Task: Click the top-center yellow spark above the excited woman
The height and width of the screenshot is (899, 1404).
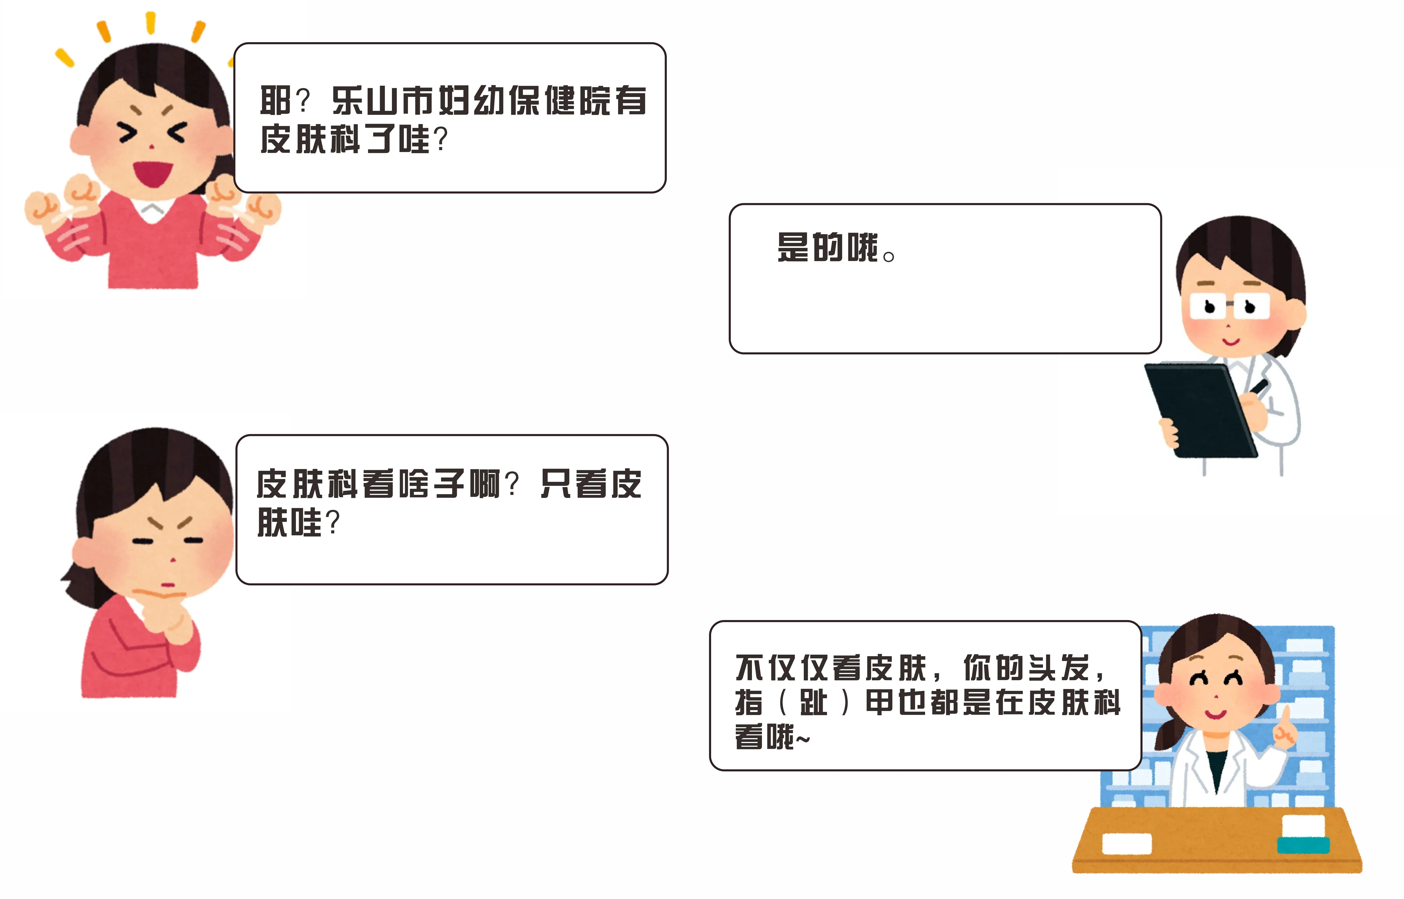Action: point(150,22)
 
